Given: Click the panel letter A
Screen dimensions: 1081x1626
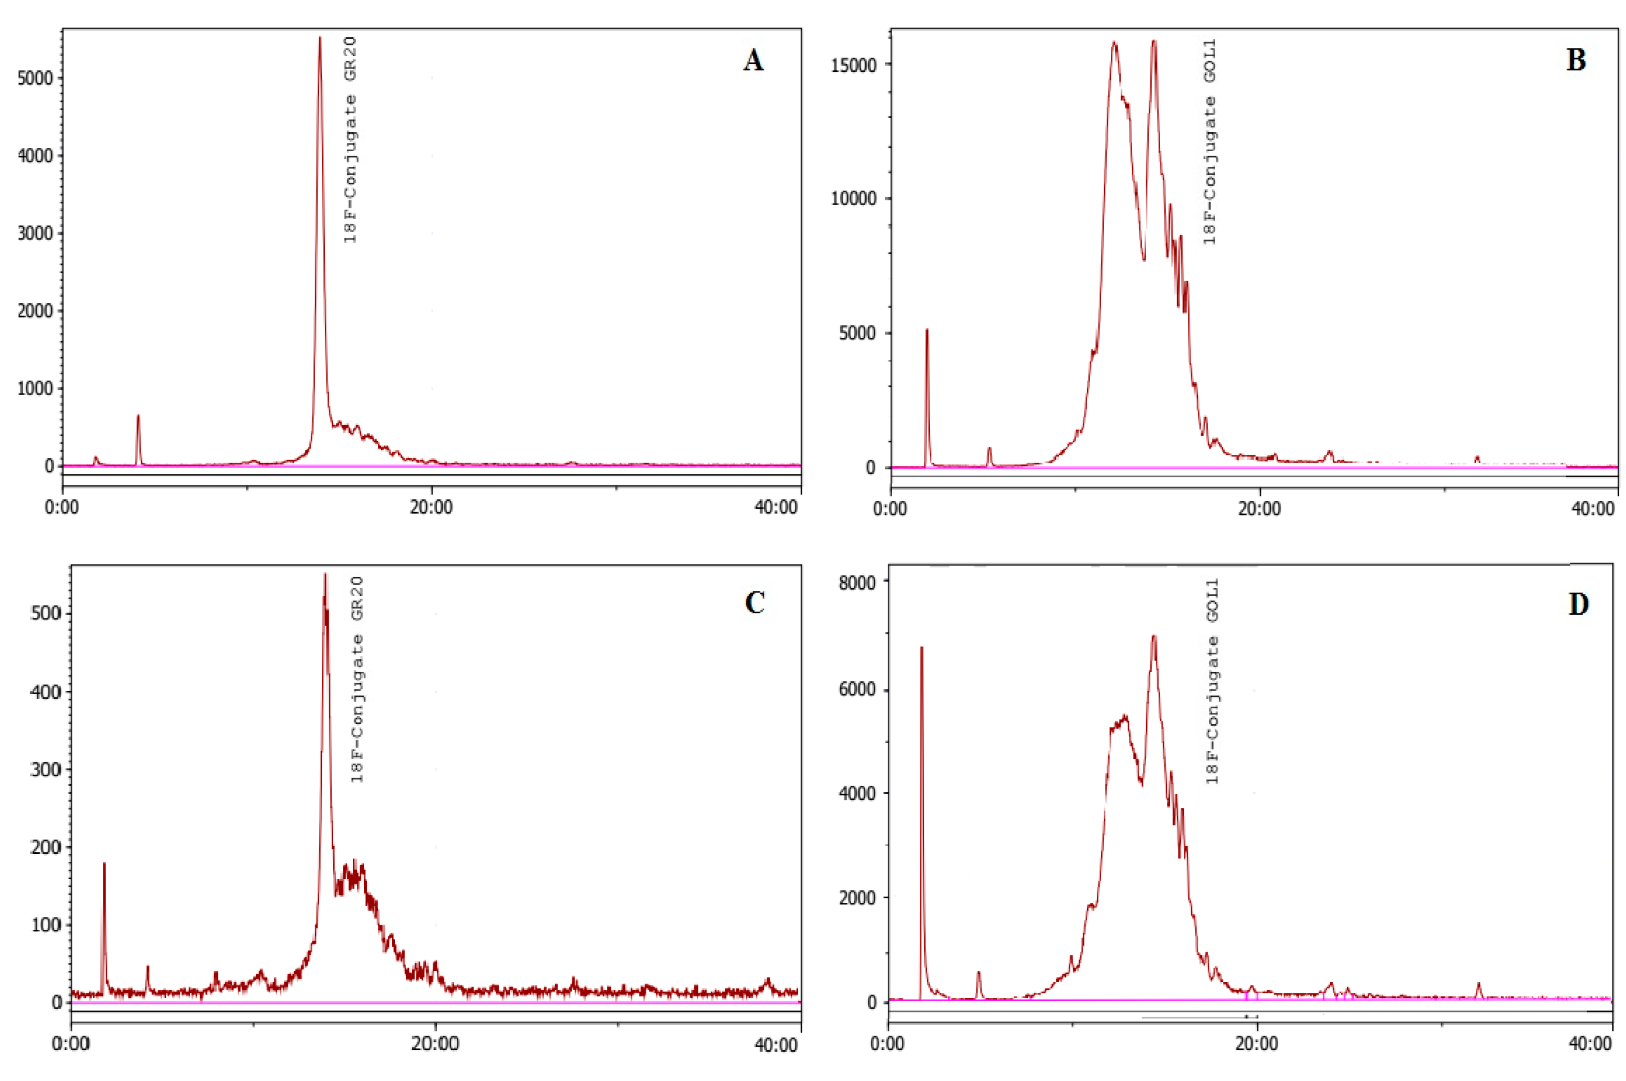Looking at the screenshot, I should coord(753,61).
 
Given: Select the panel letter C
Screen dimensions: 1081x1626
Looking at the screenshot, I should coord(755,603).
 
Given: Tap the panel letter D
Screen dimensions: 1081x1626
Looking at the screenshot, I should coord(1578,605).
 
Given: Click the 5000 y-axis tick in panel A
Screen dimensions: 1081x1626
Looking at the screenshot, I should coord(35,78).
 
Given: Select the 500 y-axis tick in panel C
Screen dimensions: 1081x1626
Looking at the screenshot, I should coord(46,613).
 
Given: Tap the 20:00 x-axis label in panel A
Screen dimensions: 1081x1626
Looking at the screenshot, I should coord(432,508).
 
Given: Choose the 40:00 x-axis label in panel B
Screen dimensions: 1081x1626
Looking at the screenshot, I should coord(1593,509).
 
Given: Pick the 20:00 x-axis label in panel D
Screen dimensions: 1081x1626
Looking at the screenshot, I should coord(1257,1044).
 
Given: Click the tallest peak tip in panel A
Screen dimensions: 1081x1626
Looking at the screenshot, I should coord(320,39).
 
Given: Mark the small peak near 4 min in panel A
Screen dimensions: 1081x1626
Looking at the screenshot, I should coord(138,416).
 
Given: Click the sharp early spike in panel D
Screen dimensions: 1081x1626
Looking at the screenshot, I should coord(921,648).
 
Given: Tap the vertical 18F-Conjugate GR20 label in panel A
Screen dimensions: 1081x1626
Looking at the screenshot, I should coord(350,140).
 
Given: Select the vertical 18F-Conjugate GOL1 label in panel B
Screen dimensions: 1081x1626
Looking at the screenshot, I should coord(1209,141).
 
